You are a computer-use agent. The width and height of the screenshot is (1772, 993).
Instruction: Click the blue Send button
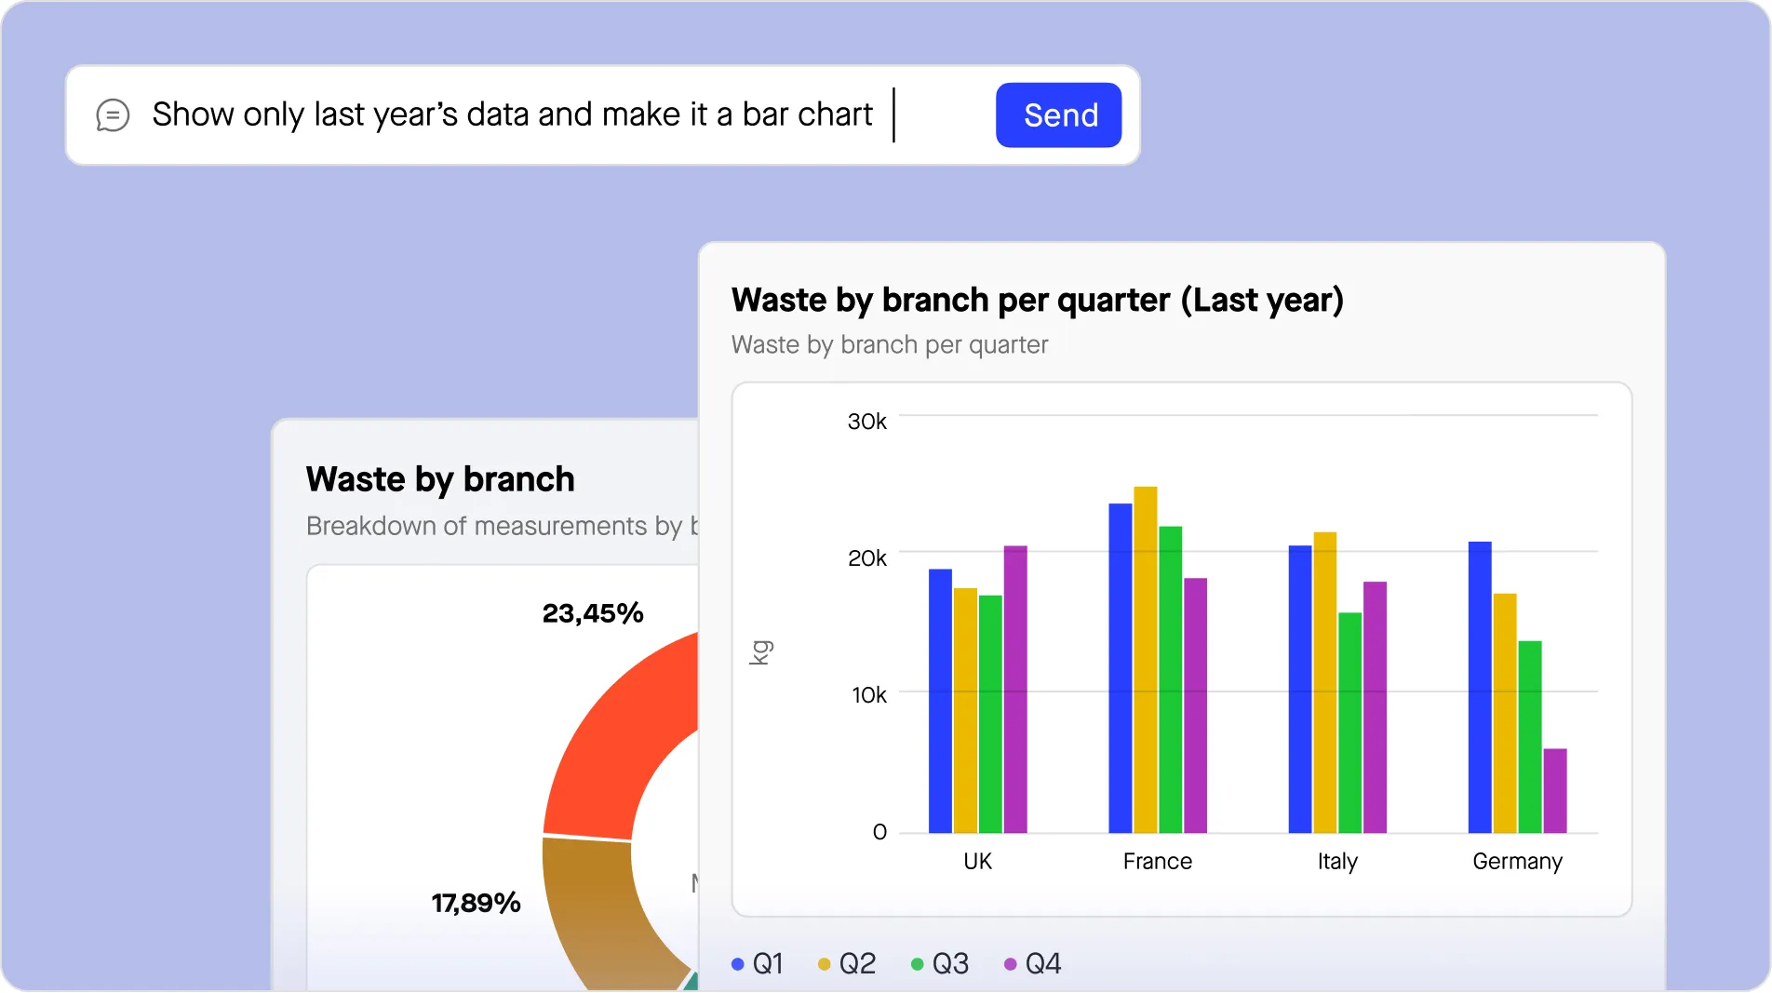pos(1058,115)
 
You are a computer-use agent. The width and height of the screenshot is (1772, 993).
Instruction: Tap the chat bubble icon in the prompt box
pos(113,115)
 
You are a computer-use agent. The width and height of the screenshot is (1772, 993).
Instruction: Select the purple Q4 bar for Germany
pos(1554,790)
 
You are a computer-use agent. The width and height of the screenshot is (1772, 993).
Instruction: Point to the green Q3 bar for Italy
pos(1349,722)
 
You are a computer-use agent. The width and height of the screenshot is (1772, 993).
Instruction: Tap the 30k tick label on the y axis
pos(866,422)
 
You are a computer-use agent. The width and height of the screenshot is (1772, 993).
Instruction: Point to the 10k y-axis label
pos(868,695)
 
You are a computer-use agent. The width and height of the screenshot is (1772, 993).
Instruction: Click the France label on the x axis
pos(1157,861)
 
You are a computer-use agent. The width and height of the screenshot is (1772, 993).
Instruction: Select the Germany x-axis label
pos(1517,861)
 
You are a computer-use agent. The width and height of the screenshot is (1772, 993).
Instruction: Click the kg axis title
pos(760,652)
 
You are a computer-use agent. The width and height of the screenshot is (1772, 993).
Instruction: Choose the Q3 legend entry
pos(941,963)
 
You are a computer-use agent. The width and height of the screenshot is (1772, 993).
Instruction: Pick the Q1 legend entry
pos(758,963)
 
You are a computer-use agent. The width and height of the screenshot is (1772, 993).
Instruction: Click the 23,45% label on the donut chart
pos(593,613)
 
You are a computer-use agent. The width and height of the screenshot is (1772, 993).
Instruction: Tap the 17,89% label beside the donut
pos(476,903)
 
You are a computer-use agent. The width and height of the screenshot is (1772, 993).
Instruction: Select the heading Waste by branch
pos(440,479)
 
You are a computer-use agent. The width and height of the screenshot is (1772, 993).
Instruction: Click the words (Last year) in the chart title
pos(1262,301)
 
